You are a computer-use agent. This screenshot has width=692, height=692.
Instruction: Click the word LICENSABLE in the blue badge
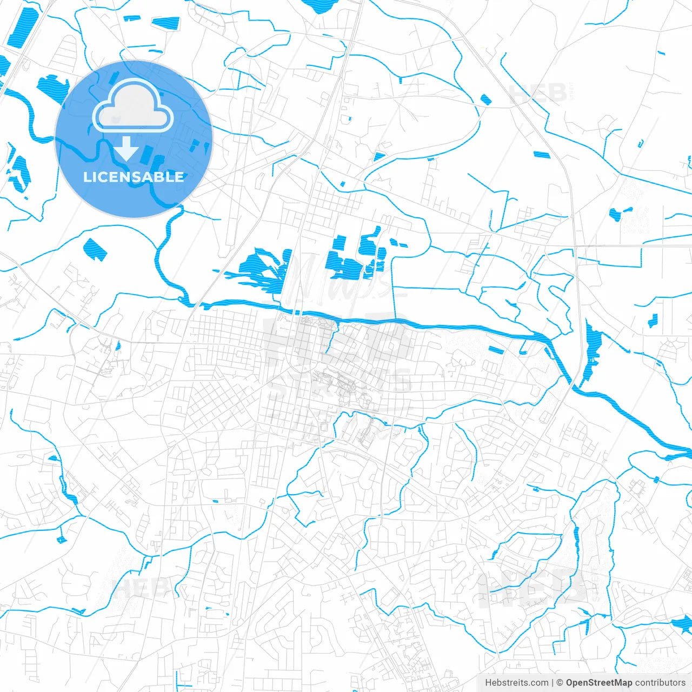[x=134, y=177]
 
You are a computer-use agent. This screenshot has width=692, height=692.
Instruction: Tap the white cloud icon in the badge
[x=133, y=107]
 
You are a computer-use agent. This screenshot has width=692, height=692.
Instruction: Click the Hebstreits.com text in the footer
[x=516, y=683]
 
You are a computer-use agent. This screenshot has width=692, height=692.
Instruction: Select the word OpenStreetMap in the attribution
[x=599, y=683]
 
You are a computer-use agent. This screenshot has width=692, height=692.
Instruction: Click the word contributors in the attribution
[x=660, y=683]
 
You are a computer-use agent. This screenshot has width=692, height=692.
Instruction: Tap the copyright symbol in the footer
[x=560, y=683]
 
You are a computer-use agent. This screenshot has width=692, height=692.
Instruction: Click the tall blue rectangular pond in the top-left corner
[x=21, y=27]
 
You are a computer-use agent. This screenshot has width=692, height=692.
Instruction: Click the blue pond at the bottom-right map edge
[x=682, y=626]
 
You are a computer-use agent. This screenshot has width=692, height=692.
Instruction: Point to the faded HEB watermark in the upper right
[x=538, y=94]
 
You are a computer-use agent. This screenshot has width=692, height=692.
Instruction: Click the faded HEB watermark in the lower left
[x=139, y=588]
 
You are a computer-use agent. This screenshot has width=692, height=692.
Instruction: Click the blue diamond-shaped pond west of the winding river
[x=95, y=249]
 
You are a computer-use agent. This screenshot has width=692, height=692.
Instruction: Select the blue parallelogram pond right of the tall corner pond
[x=165, y=23]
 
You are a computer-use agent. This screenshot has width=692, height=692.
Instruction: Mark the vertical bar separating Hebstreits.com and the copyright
[x=553, y=683]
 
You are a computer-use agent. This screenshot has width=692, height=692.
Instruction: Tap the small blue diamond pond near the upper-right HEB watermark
[x=485, y=99]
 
